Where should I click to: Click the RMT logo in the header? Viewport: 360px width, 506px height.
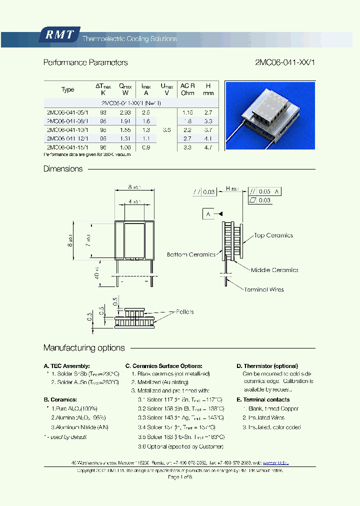[x=59, y=35]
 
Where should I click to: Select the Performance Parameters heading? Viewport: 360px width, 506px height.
[x=85, y=62]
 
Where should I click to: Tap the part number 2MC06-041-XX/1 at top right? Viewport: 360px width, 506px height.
[x=285, y=62]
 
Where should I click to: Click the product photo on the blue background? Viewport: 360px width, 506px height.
[x=270, y=115]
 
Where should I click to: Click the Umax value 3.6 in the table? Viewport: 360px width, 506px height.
[x=167, y=129]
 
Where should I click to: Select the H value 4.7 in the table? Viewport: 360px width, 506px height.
[x=208, y=147]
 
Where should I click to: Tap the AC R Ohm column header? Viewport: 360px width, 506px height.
[x=187, y=89]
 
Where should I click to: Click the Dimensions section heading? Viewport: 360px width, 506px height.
[x=63, y=169]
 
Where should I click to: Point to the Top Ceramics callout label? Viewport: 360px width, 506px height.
[x=273, y=235]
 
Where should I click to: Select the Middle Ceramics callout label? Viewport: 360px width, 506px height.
[x=274, y=270]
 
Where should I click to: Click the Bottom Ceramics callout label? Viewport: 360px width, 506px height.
[x=191, y=254]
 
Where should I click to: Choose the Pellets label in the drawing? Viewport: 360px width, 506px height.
[x=184, y=311]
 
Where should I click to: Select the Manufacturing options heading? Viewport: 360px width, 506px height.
[x=84, y=348]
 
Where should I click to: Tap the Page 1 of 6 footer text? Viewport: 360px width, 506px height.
[x=180, y=477]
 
